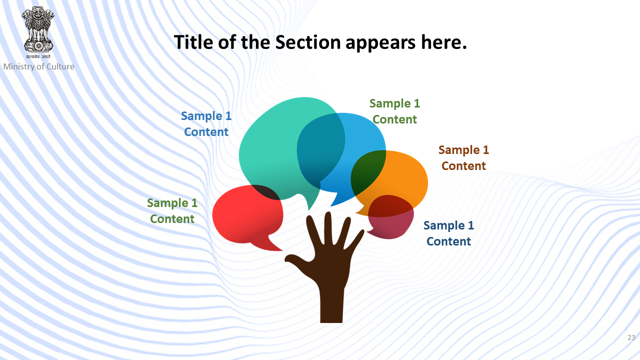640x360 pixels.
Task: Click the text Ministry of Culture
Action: tap(38, 66)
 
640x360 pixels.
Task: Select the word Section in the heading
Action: tap(307, 42)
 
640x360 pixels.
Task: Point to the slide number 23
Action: tap(631, 337)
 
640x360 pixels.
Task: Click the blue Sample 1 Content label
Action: tap(206, 123)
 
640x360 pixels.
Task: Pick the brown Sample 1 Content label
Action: tap(463, 157)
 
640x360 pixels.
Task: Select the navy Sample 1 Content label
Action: tap(448, 233)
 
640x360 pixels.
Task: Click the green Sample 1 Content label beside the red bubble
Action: tap(172, 211)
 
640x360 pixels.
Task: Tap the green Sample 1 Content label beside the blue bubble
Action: tap(394, 111)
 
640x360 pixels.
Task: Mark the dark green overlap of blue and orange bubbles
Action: tap(367, 171)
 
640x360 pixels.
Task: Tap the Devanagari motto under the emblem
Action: tap(38, 57)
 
